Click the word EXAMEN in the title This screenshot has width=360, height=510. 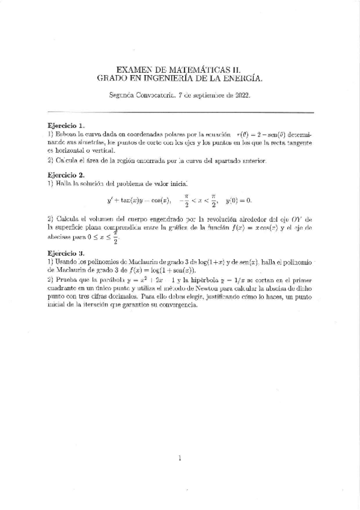coord(131,70)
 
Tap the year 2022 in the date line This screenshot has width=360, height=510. coord(242,95)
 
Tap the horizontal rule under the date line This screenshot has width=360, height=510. coord(180,112)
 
